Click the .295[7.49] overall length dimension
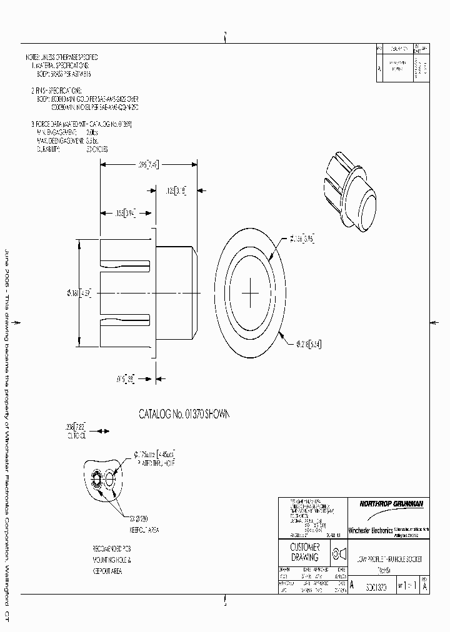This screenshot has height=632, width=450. click(148, 165)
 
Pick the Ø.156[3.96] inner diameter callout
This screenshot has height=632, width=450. click(301, 238)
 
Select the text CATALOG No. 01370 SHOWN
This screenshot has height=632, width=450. click(184, 414)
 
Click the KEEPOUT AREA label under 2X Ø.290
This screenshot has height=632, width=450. click(144, 529)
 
